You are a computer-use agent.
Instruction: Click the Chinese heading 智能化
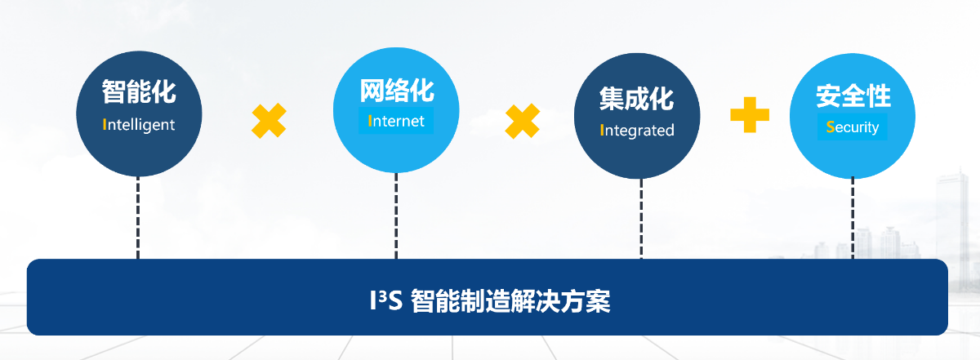coord(139,91)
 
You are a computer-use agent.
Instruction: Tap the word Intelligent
coord(139,125)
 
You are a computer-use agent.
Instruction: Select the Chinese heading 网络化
coord(396,89)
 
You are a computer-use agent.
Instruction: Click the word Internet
coord(397,122)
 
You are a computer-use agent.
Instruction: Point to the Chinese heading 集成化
coord(636,99)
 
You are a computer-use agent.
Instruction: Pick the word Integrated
coord(637,130)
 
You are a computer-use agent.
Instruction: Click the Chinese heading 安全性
coord(853,96)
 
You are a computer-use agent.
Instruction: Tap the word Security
coord(853,127)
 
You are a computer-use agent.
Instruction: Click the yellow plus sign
coord(750,114)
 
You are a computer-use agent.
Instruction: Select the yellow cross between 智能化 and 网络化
coord(269,121)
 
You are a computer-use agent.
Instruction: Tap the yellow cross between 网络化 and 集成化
coord(522,121)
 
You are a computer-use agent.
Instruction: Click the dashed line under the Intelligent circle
coord(138,217)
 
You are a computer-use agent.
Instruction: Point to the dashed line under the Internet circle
coord(396,216)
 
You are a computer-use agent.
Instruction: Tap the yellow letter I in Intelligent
coord(105,125)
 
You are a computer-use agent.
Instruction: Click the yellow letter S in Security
coord(830,127)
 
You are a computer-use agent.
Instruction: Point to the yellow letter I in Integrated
coord(602,130)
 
